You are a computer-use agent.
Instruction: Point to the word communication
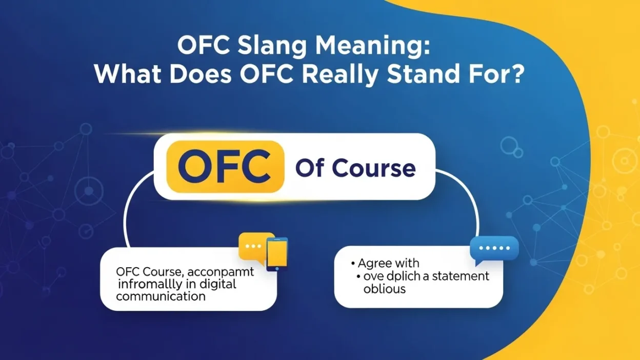coord(161,296)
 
